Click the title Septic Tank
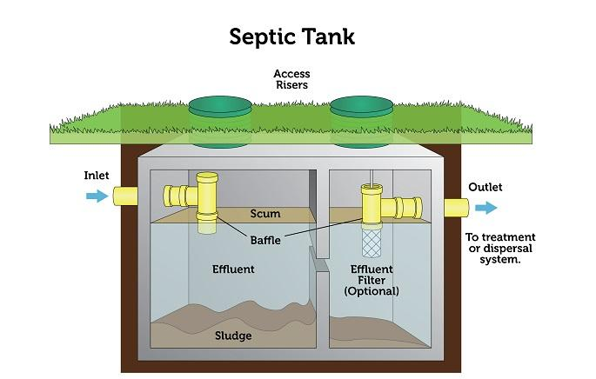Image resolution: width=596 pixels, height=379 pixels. coord(291,37)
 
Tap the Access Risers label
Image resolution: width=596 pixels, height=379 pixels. coord(291,80)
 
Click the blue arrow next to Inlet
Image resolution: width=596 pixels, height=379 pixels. coord(97,196)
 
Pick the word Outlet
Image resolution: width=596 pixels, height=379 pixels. coord(485,187)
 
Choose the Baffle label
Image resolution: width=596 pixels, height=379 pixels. coord(262,239)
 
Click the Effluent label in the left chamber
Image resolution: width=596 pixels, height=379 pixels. coord(233,269)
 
